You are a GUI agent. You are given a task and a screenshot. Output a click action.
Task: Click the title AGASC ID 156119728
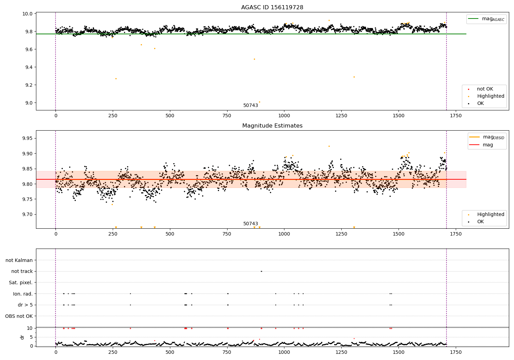(x=272, y=8)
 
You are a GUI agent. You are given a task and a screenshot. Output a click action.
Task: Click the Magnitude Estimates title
(x=272, y=126)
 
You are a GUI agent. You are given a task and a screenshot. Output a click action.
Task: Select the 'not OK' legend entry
(x=485, y=89)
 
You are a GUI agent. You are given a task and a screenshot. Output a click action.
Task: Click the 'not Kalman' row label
(x=19, y=260)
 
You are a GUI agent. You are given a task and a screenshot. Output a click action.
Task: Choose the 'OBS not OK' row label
(x=19, y=316)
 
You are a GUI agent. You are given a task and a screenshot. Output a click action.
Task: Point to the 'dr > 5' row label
(x=25, y=305)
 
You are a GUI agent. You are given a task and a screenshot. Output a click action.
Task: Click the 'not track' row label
(x=22, y=272)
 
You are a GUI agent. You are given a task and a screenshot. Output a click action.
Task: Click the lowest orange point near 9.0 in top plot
(x=259, y=102)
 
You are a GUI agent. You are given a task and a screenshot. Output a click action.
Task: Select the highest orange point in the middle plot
(x=329, y=146)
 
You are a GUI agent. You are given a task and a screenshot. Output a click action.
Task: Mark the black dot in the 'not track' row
(x=261, y=271)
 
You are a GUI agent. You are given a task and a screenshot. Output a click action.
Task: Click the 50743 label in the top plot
(x=250, y=106)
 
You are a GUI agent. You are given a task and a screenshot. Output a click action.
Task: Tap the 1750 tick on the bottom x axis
(x=455, y=352)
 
